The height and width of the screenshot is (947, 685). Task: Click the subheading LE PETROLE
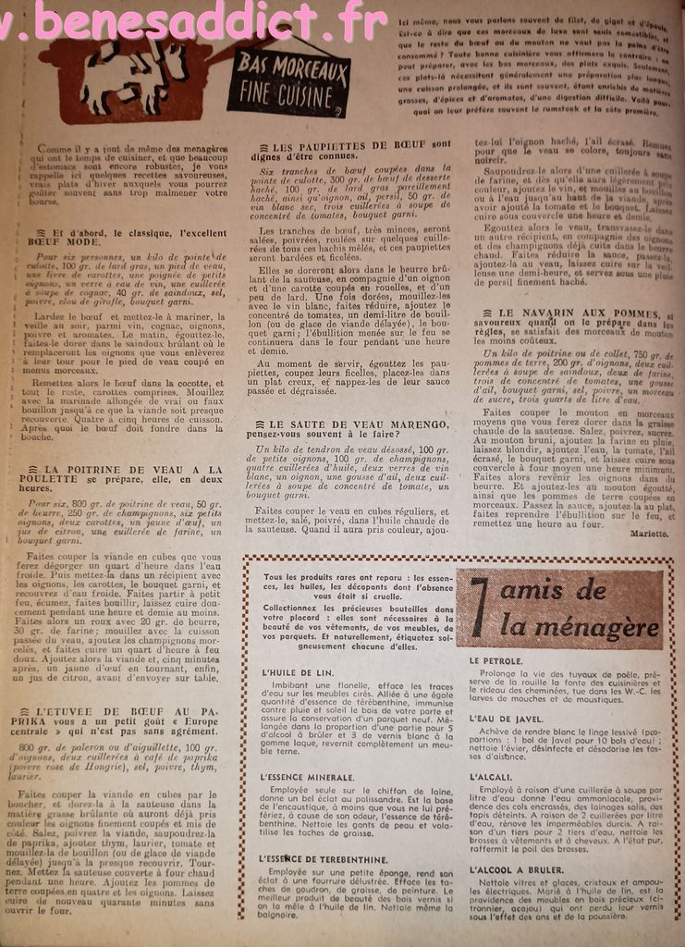click(x=496, y=661)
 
